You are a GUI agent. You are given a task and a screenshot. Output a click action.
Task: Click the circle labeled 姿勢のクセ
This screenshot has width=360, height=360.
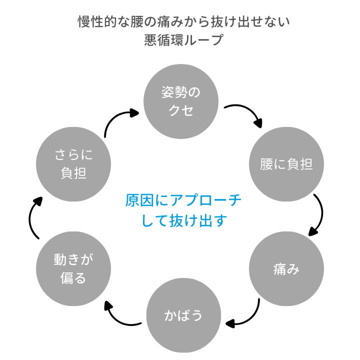[181, 101]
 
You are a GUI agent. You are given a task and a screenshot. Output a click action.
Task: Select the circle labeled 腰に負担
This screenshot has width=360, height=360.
[286, 165]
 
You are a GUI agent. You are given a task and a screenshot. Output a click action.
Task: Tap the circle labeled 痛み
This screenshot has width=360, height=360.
[286, 269]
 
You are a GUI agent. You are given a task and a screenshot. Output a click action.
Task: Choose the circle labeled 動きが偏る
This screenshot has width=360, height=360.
[73, 269]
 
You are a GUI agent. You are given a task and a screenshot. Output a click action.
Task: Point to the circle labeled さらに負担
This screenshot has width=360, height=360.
[73, 165]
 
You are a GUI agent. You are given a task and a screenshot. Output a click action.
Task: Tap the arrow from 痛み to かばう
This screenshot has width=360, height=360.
[247, 317]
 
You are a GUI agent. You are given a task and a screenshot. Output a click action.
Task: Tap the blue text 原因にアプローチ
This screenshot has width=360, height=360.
[183, 201]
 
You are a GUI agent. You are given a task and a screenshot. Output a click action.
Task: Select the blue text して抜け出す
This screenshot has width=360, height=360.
[183, 220]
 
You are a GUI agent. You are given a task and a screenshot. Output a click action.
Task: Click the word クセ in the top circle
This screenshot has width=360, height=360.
[181, 110]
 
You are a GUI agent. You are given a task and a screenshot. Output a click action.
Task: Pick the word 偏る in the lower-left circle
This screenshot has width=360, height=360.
[73, 278]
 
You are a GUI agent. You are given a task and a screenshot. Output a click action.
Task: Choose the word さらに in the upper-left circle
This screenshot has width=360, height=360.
[73, 155]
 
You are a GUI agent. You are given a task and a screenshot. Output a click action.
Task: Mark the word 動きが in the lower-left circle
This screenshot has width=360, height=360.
[73, 259]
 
